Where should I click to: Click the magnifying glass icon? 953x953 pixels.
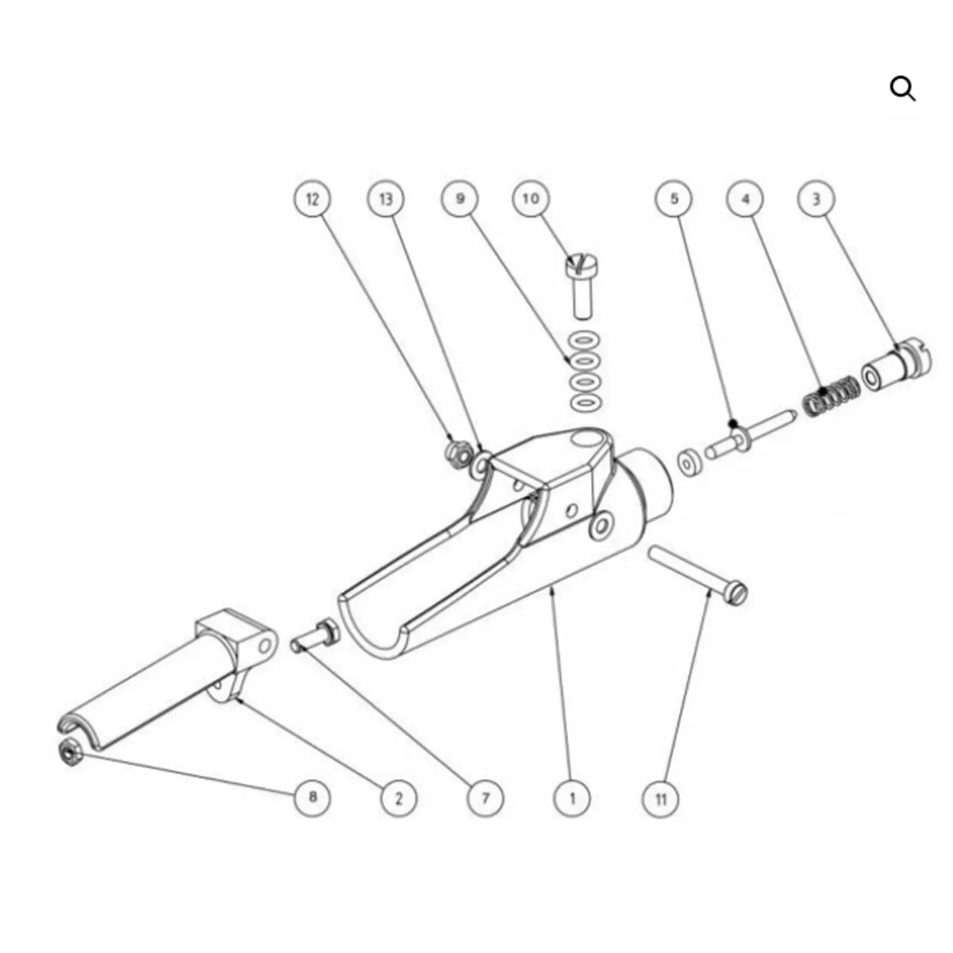[x=902, y=89]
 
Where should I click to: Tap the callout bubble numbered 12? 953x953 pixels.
[x=313, y=198]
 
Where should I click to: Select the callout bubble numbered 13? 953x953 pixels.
[x=385, y=198]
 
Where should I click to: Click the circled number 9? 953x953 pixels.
[x=460, y=198]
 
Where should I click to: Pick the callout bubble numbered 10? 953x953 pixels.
[x=531, y=198]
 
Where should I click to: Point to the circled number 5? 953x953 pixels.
[x=674, y=198]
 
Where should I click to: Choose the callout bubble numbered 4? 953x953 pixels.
[x=746, y=198]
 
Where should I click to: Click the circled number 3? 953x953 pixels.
[x=816, y=198]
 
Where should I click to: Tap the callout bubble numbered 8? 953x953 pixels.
[x=313, y=798]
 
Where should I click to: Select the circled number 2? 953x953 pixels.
[x=398, y=798]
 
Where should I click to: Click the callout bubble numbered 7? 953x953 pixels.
[x=485, y=798]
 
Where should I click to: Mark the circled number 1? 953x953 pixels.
[x=572, y=798]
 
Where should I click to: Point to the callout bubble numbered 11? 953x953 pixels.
[x=661, y=798]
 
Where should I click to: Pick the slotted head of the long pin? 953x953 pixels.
[x=737, y=593]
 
